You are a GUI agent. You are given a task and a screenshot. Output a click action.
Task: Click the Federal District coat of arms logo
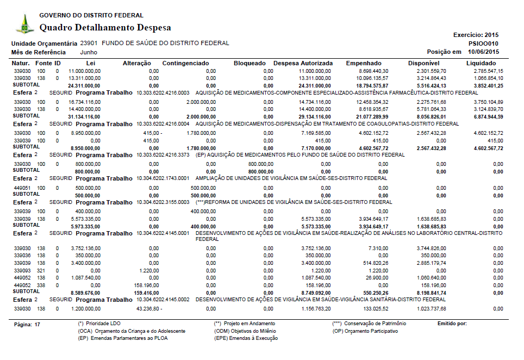pyautogui.click(x=23, y=24)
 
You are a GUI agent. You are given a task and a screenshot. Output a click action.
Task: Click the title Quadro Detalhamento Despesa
pyautogui.click(x=105, y=27)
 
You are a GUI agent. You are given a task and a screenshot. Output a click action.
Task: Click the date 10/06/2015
pyautogui.click(x=483, y=52)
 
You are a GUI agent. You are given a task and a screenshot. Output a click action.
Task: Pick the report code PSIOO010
pyautogui.click(x=483, y=44)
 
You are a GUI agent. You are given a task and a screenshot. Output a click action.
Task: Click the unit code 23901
pyautogui.click(x=89, y=43)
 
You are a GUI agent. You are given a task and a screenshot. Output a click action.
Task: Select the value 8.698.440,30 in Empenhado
pyautogui.click(x=373, y=71)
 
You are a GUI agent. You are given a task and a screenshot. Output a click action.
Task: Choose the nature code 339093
pyautogui.click(x=22, y=270)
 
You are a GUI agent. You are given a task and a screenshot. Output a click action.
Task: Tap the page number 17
pyautogui.click(x=38, y=325)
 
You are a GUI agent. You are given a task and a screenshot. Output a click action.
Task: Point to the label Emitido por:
pyautogui.click(x=452, y=324)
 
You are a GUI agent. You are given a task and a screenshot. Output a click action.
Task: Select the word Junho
pyautogui.click(x=89, y=52)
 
